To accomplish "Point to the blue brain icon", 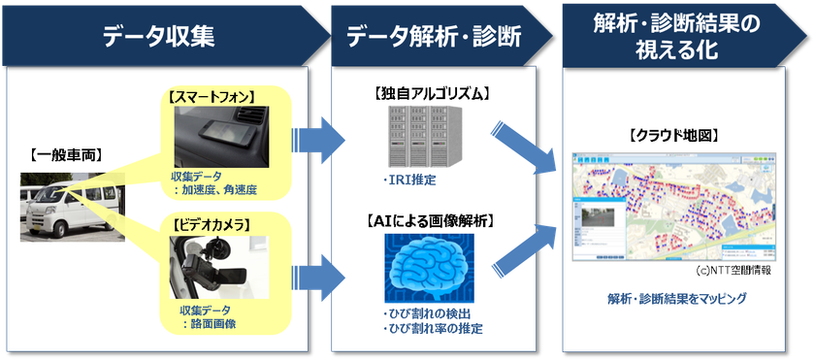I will click(x=429, y=270).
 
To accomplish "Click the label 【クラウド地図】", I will click(x=671, y=135).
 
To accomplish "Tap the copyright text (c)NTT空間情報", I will click(x=733, y=270).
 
